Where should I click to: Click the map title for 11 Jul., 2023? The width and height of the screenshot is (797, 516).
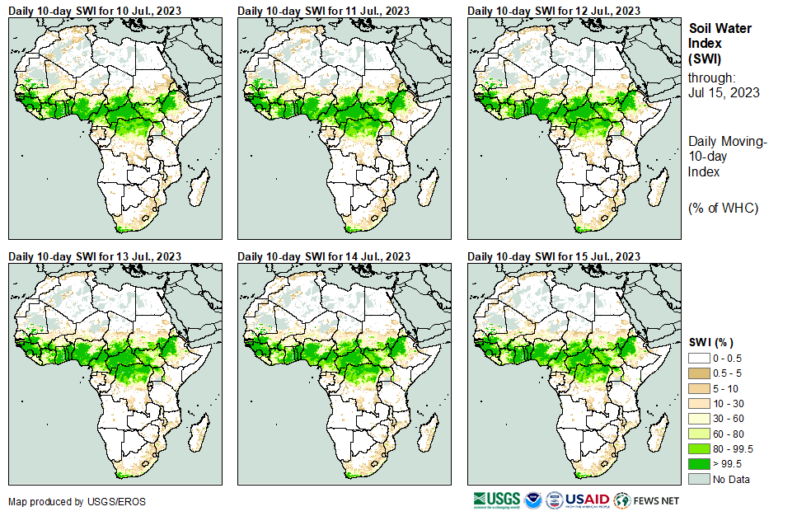pos(324,10)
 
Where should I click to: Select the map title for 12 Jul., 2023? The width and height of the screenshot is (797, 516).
pos(554,10)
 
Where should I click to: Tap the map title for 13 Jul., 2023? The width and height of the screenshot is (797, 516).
pos(94,256)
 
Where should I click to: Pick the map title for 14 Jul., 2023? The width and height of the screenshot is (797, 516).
pos(324,256)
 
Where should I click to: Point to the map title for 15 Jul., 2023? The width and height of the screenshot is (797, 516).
pos(554,256)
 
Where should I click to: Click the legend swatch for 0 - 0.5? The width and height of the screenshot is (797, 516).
pos(700,359)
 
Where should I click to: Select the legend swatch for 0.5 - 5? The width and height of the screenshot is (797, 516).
pos(700,373)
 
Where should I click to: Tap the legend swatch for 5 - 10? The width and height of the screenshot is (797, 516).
pos(700,388)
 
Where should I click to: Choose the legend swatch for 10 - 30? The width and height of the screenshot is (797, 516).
pos(700,404)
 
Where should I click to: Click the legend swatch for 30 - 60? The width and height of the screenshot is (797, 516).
pos(700,419)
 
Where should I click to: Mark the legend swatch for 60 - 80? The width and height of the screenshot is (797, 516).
pos(700,434)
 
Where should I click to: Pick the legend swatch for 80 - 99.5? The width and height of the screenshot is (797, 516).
pos(700,448)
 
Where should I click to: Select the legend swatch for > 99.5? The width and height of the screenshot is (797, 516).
pos(700,463)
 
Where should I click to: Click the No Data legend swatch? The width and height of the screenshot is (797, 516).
pos(700,478)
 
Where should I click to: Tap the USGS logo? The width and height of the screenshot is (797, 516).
pos(497,500)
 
